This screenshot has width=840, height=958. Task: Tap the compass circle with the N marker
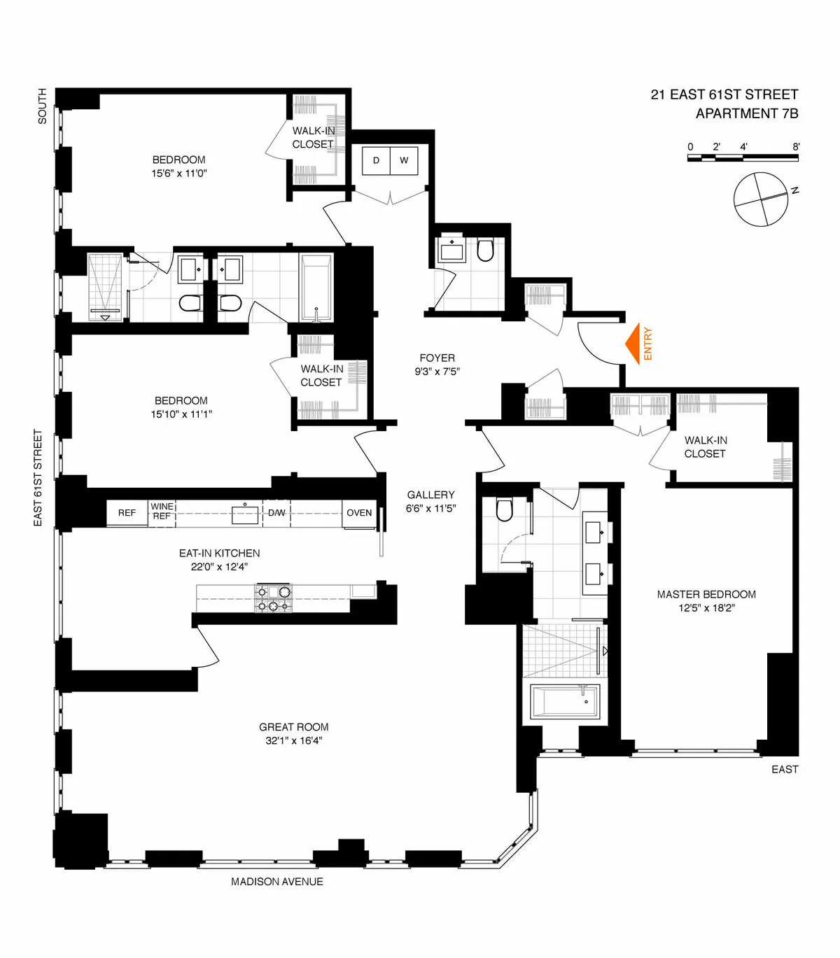coord(761,199)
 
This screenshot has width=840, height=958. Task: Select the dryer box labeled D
coord(376,160)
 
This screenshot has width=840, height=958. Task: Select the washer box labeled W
coord(404,160)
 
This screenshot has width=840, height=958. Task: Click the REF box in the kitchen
coord(127,513)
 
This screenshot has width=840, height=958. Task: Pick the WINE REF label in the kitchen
coord(162,511)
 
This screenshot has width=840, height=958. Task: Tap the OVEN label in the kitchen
coord(359,513)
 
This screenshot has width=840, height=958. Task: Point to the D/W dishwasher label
coord(276,513)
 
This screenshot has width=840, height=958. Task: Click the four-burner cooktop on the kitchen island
coord(273,598)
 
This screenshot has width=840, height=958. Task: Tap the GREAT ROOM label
coord(293,727)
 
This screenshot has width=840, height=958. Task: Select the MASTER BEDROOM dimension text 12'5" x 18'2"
coord(706,608)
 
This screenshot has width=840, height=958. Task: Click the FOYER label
coord(437,358)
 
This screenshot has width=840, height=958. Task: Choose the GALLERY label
coord(430,495)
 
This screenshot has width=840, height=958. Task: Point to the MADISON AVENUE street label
coord(277,882)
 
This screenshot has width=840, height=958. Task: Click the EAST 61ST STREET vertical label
coord(38,478)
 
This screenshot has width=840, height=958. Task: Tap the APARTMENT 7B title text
coord(746,113)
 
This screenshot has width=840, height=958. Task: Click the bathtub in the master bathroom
coord(564,700)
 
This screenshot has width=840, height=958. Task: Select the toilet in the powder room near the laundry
coord(485,251)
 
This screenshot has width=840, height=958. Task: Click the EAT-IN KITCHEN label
coord(219,553)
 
